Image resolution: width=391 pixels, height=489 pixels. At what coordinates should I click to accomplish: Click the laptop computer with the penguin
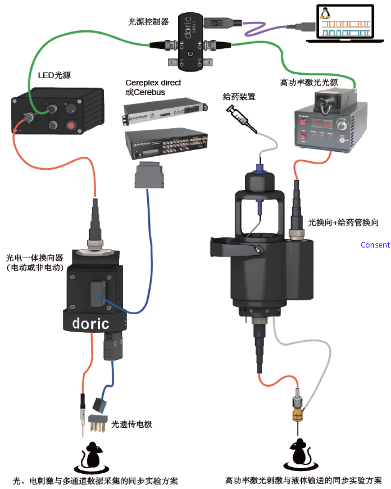click(x=345, y=23)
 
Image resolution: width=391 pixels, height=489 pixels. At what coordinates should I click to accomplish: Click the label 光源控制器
click(x=148, y=22)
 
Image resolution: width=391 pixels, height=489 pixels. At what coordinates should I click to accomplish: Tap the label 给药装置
click(x=239, y=97)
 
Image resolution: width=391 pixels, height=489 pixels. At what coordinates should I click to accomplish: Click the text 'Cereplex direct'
click(x=153, y=82)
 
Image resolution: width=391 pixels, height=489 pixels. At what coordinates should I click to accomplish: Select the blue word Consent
click(x=375, y=245)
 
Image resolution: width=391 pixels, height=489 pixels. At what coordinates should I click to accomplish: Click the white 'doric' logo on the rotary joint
click(x=91, y=324)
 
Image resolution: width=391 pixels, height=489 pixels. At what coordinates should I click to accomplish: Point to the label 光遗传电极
click(x=131, y=424)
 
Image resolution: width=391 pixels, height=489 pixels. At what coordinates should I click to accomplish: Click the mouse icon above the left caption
click(x=92, y=456)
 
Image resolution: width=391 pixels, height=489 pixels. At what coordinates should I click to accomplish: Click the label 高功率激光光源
click(x=309, y=82)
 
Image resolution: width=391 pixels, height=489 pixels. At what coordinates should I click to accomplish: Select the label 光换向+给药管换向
click(x=343, y=222)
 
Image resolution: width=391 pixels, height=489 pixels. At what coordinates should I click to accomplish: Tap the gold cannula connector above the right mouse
click(x=297, y=414)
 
